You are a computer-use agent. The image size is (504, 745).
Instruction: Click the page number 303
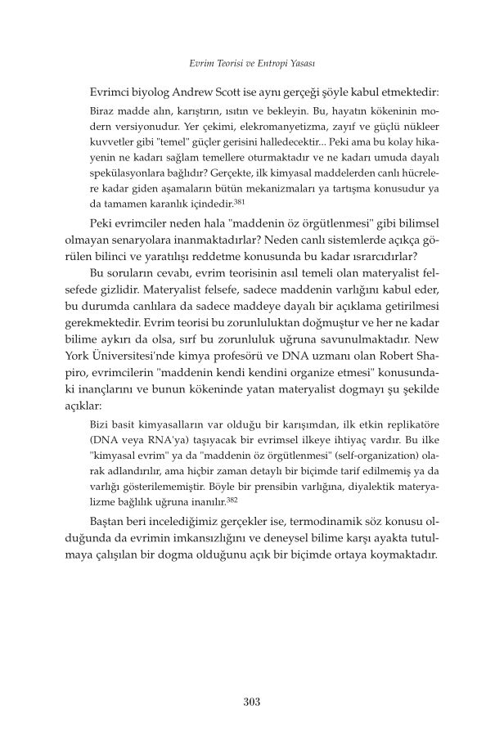[252, 701]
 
